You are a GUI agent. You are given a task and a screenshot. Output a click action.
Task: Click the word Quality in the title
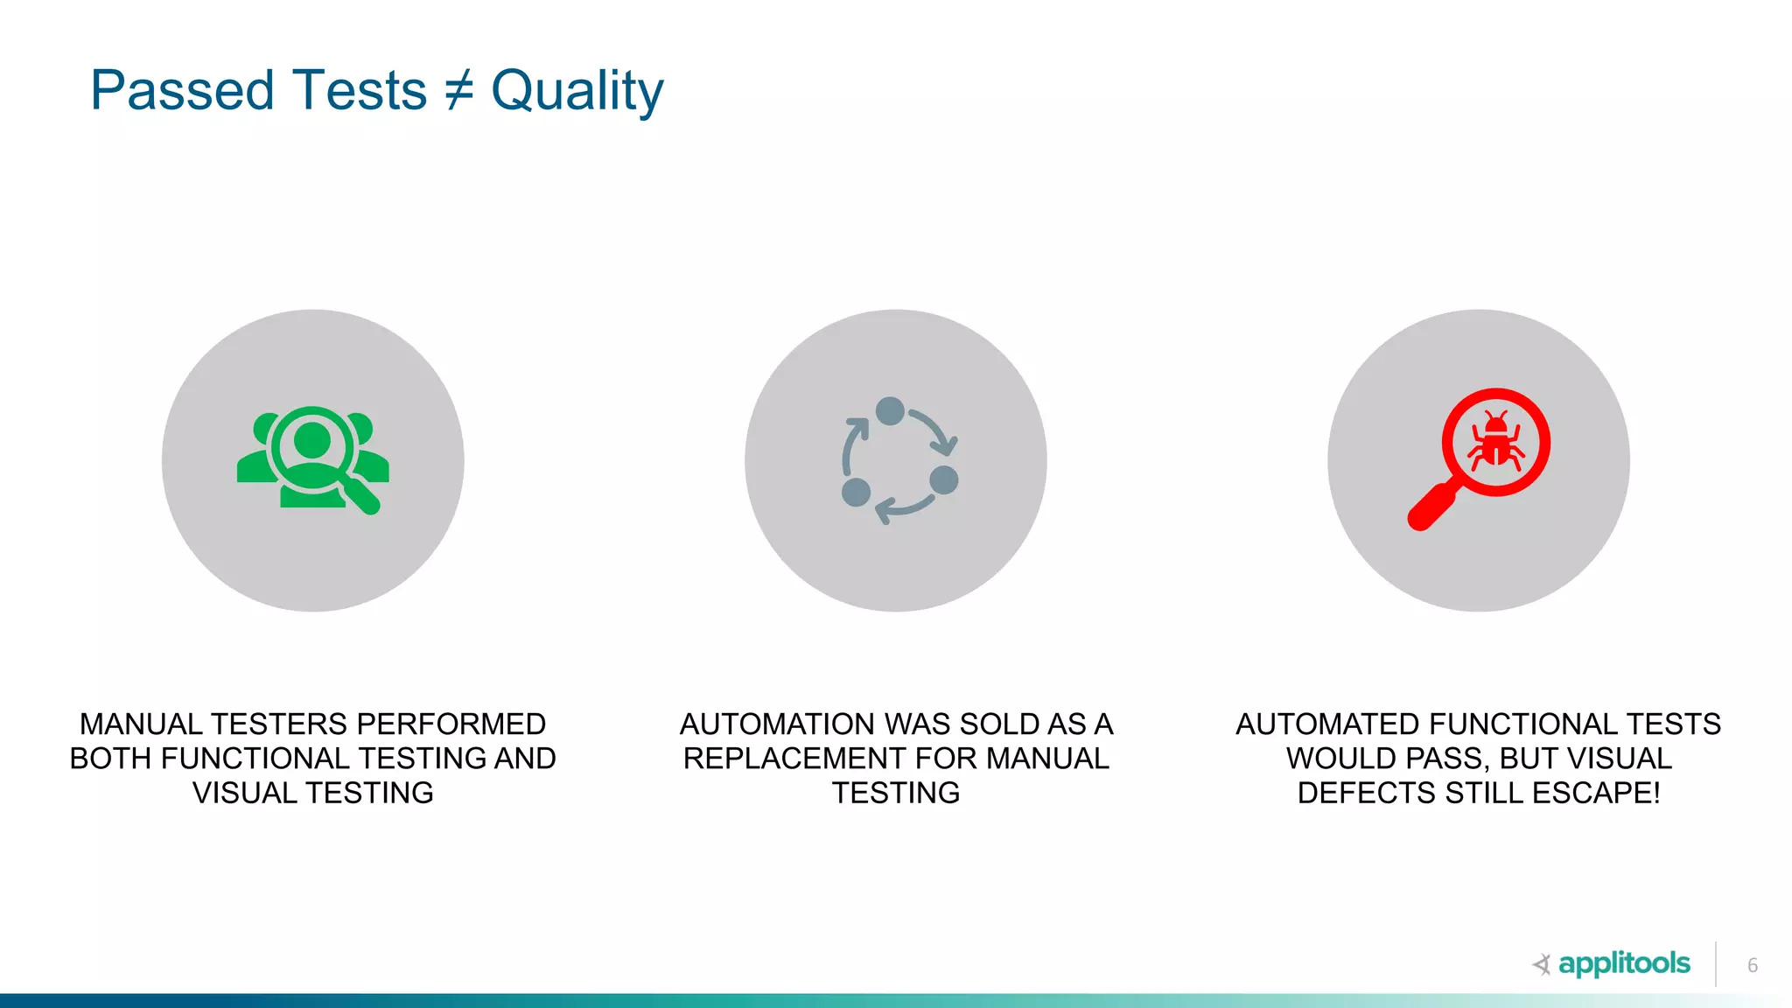(577, 91)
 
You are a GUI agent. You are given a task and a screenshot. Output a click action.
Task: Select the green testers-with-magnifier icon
(312, 459)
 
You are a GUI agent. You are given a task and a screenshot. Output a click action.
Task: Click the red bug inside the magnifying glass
(1496, 442)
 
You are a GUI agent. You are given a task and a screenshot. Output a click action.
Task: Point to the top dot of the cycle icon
(890, 410)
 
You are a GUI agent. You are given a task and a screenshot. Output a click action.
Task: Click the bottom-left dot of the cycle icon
(856, 492)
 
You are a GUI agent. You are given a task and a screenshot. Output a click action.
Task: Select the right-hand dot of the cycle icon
(944, 479)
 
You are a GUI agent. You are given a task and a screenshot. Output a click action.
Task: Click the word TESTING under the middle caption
(895, 793)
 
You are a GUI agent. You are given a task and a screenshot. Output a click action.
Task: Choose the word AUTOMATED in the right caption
(1326, 724)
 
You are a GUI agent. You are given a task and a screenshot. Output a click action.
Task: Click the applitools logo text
(1623, 963)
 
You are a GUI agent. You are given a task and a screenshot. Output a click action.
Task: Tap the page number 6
(1752, 965)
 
